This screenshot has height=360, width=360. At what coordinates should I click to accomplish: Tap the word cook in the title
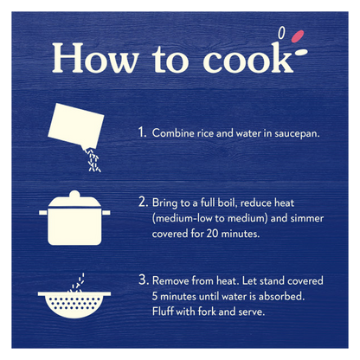click(248, 57)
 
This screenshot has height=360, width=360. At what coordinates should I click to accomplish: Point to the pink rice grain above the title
click(298, 36)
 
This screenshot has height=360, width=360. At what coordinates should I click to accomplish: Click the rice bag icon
click(76, 125)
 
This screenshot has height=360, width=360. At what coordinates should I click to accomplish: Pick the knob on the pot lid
click(74, 194)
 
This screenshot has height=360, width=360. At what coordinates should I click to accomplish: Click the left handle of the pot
click(43, 212)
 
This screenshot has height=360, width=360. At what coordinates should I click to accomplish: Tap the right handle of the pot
click(106, 212)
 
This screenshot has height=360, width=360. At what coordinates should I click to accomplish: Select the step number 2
click(143, 202)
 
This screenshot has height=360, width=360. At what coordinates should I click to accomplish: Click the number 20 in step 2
click(212, 234)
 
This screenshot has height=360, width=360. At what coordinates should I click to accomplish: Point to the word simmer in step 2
click(307, 218)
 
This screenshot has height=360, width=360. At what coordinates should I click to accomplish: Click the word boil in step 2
click(228, 202)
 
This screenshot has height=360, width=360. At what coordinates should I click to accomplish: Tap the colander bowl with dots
click(74, 305)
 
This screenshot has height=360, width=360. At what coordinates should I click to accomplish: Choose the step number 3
click(144, 280)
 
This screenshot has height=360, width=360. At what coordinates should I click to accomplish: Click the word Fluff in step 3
click(163, 311)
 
